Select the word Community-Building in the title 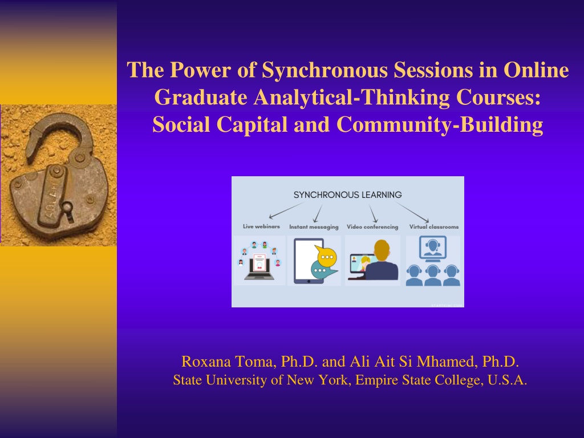(440, 124)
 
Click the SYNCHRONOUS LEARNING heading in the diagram (347, 195)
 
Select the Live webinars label (261, 226)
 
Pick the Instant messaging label (314, 227)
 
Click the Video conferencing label (372, 227)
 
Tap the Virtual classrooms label (434, 227)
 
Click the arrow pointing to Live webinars (286, 210)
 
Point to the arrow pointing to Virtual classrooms (412, 213)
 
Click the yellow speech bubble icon (326, 256)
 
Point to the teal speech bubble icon (323, 270)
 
